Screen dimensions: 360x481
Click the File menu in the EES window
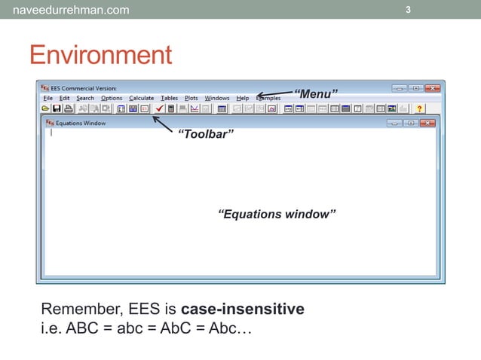tap(48, 98)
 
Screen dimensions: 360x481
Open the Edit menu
tap(64, 98)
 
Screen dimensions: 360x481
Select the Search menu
tap(85, 98)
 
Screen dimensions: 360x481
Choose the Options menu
tap(112, 98)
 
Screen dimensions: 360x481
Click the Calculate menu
tap(141, 98)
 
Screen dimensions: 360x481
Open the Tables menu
tap(169, 98)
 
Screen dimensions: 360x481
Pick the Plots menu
tap(191, 98)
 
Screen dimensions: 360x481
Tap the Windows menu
tap(217, 98)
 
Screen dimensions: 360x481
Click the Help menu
tap(242, 98)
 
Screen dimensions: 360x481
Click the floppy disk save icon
tap(57, 108)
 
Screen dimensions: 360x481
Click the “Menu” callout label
tap(315, 94)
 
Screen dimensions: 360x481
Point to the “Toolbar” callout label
tap(205, 134)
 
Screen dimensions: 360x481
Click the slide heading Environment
tap(100, 55)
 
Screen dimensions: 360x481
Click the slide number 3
tap(408, 10)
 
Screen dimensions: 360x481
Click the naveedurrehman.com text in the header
tap(66, 10)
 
